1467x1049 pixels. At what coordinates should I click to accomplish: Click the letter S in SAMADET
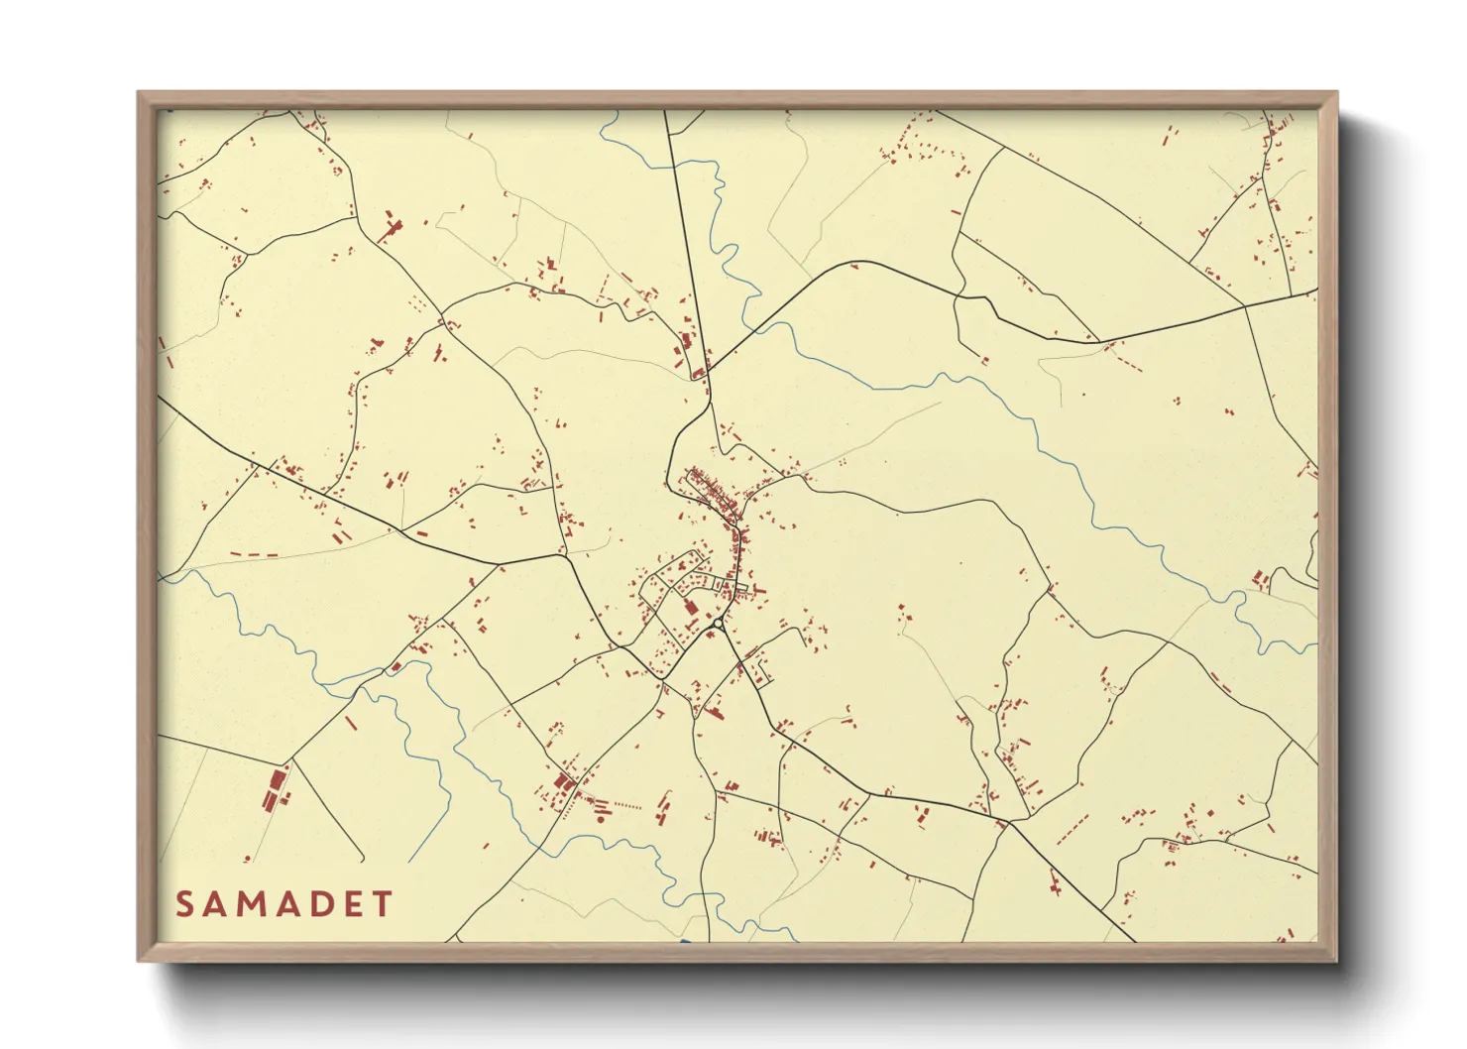pos(184,904)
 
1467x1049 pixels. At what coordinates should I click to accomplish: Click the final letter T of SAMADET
pos(382,904)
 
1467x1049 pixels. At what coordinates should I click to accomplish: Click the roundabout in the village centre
pos(717,624)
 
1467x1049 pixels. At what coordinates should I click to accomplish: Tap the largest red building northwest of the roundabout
pos(691,608)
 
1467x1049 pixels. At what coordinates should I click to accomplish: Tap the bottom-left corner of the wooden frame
pos(139,960)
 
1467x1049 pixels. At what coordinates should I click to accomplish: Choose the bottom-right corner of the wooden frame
pos(1336,960)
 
